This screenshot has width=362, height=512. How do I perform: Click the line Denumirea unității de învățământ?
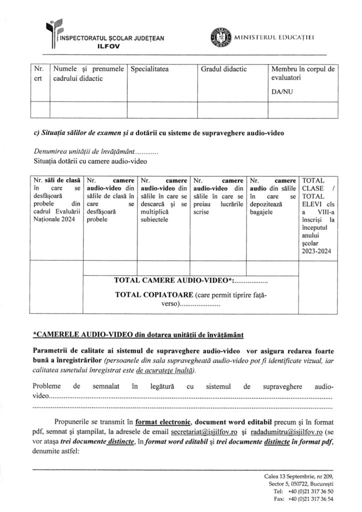pos(95,151)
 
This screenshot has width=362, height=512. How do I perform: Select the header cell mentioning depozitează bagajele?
pos(271,201)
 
